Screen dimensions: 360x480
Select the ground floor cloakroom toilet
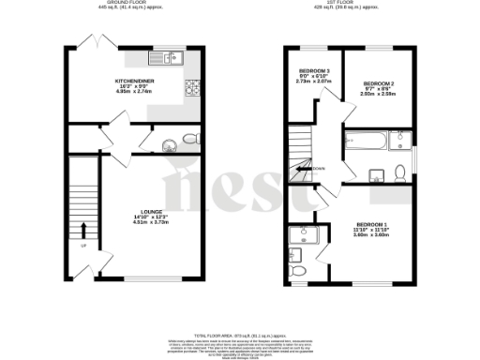click(190, 140)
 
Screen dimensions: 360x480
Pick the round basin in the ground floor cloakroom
click(170, 145)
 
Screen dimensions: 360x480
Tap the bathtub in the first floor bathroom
click(366, 143)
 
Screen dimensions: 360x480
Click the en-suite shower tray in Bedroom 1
click(304, 235)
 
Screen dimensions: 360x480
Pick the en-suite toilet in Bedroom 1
click(297, 270)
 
